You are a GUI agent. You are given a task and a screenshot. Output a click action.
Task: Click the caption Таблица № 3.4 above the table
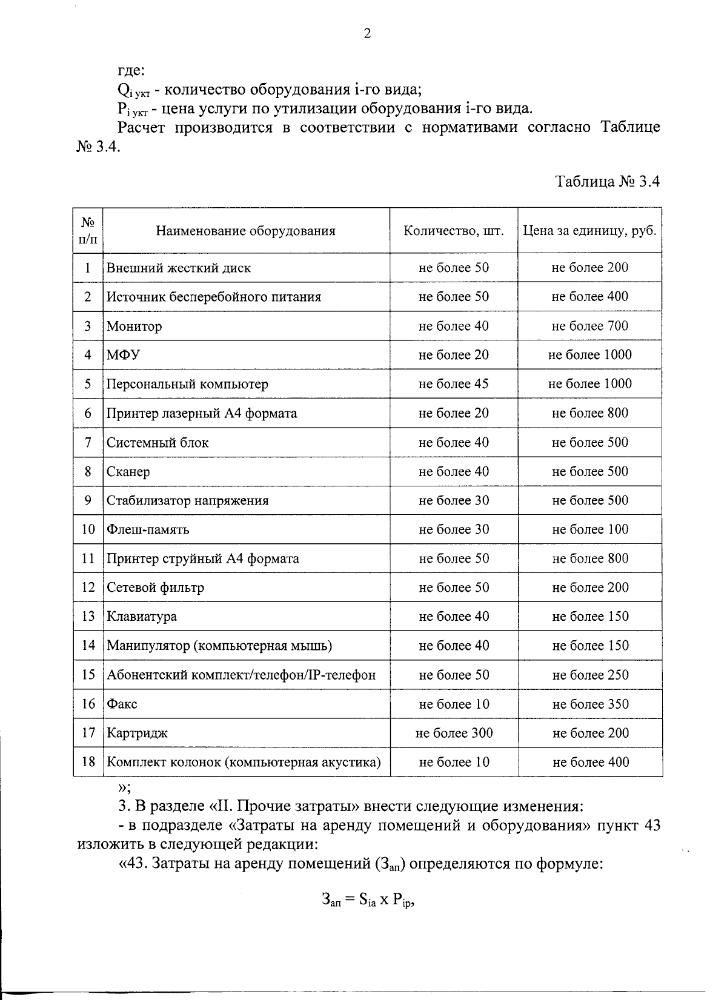pos(607,182)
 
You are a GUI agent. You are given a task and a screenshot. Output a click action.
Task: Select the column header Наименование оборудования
pos(245,231)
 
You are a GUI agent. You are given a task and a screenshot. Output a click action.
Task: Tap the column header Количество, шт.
pos(454,231)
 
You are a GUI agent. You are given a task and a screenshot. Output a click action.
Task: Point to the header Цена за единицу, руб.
pos(589,231)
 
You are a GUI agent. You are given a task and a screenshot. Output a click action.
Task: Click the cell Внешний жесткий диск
pos(179,268)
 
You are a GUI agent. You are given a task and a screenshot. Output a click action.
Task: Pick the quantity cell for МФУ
pos(454,355)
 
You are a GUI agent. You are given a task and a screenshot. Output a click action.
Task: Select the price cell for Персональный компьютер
pos(589,384)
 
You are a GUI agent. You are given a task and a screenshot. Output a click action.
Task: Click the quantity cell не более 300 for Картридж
pos(454,733)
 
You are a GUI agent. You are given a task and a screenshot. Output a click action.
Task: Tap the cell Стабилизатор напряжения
pos(188,500)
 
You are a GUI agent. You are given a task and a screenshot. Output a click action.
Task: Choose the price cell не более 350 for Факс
pos(590,704)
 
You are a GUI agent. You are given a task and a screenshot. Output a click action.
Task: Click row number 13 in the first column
pos(88,617)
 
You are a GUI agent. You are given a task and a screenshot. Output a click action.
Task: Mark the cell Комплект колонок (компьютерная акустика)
pos(244,762)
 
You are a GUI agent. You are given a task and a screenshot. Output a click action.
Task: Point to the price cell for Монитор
pos(589,326)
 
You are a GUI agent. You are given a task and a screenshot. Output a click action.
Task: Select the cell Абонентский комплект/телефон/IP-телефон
pos(241,675)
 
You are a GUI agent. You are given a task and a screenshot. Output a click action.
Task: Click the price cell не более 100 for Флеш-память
pos(590,529)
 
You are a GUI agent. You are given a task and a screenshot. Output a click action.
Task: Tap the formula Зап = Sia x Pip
pos(370,900)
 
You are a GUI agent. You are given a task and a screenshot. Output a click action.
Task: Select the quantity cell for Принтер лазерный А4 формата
pos(454,413)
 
